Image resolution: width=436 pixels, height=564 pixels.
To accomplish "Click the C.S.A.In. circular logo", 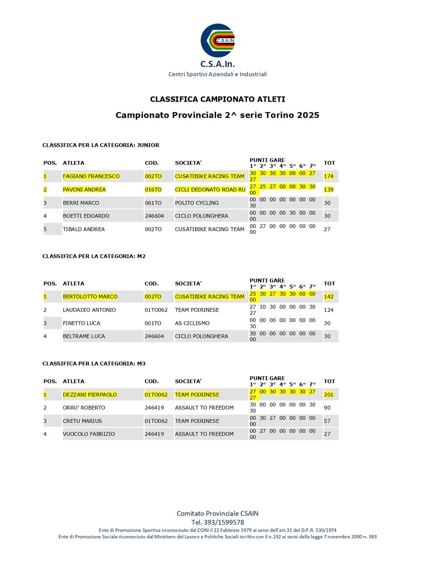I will coord(218,41).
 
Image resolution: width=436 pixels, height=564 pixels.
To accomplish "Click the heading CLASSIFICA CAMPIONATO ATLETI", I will coord(218,99).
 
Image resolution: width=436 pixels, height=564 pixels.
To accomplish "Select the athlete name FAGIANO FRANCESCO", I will coord(91,176).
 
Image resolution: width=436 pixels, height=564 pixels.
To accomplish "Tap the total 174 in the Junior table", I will coord(329,176).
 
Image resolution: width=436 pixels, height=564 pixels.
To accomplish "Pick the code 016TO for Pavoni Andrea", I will coord(153,189).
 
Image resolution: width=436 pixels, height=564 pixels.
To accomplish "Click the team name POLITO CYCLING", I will coord(197,203).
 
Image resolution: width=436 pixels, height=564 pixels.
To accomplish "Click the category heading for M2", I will coord(94,256).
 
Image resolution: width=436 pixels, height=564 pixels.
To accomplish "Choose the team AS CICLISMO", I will coord(192,323).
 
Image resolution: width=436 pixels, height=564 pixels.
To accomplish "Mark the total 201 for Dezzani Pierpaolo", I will coord(329,395).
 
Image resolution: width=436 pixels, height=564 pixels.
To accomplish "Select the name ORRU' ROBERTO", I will coord(84,408).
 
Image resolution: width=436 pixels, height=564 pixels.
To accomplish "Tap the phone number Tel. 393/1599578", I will coord(218,522).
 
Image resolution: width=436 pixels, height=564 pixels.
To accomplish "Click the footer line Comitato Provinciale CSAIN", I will coord(218,513).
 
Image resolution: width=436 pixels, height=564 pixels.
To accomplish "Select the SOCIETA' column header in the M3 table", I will coord(188,381).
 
